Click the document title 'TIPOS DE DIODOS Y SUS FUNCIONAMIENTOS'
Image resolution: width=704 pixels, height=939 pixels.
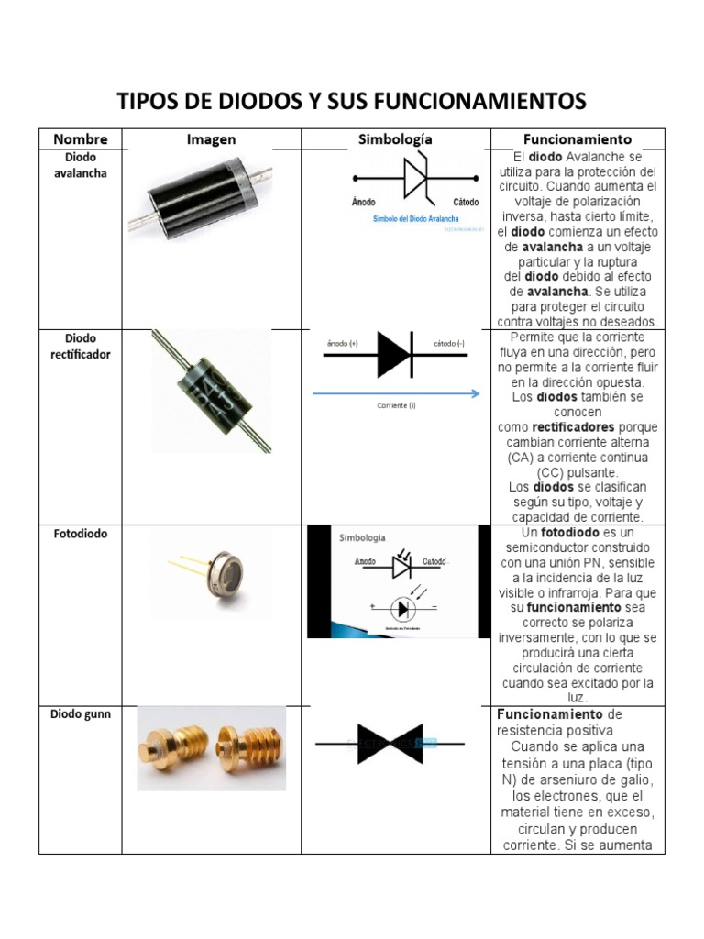351,100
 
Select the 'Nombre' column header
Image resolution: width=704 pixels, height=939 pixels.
81,139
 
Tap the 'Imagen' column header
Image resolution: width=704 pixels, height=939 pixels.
211,139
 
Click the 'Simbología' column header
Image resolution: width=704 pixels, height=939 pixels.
395,139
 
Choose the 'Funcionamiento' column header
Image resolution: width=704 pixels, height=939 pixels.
577,139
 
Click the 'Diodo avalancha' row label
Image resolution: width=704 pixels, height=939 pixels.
81,165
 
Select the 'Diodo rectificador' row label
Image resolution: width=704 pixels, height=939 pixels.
81,346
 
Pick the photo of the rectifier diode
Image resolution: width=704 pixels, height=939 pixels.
211,390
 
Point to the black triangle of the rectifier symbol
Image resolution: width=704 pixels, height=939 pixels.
395,355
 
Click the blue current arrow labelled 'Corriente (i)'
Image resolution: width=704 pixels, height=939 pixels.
396,393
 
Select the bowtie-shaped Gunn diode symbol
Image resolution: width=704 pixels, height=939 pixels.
390,744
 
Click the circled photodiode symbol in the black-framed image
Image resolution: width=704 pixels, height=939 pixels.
401,608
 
